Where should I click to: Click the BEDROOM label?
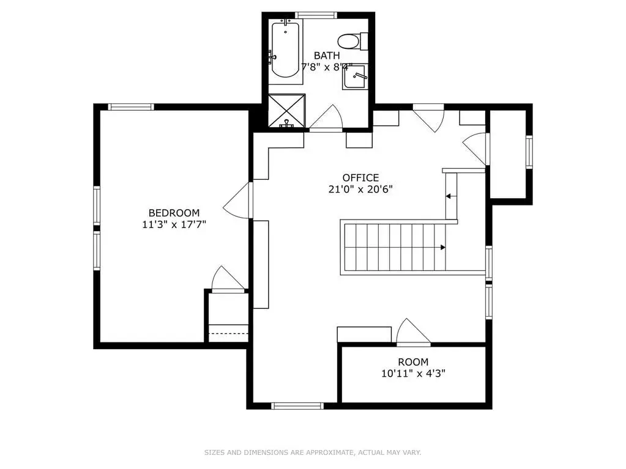click(174, 213)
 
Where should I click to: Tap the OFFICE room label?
click(360, 177)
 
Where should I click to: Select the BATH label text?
click(327, 56)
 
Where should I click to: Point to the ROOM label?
click(413, 362)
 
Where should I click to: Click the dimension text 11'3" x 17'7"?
click(174, 224)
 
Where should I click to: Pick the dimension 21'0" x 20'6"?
click(360, 189)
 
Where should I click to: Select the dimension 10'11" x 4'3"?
click(413, 374)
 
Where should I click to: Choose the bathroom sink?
click(354, 76)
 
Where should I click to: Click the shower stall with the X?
click(286, 111)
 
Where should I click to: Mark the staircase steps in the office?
click(395, 247)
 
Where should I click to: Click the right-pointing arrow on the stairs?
click(443, 247)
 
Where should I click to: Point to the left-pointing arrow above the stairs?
click(449, 196)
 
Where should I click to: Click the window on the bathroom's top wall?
click(316, 15)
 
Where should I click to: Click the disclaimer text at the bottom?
click(313, 452)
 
